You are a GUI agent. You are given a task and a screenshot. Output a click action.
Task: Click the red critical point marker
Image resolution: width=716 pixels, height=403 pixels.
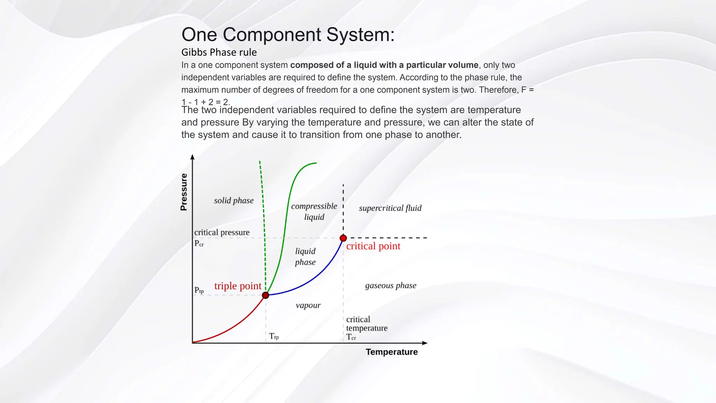343,238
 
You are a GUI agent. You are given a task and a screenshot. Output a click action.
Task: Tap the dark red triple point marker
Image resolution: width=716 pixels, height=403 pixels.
266,295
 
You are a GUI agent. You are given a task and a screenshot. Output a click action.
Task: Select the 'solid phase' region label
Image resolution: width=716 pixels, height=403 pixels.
234,200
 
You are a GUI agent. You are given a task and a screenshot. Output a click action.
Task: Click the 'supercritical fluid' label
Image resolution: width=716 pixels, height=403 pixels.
390,208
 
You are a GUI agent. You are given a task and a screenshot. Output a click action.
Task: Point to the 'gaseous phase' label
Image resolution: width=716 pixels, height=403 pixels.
391,285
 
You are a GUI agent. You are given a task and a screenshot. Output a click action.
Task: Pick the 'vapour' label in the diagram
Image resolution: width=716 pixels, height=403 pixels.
308,305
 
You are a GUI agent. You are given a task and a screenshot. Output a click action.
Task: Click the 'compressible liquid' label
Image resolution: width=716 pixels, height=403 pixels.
314,211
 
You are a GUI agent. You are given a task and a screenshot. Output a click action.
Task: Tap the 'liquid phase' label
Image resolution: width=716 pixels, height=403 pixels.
305,256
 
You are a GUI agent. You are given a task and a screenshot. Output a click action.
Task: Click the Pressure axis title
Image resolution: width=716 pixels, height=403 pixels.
184,192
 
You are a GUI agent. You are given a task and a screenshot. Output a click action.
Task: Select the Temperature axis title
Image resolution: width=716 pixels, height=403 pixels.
392,352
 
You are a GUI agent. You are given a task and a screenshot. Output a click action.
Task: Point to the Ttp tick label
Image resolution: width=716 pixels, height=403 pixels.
274,337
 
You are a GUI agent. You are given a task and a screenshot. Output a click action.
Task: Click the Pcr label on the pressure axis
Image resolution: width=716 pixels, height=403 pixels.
199,243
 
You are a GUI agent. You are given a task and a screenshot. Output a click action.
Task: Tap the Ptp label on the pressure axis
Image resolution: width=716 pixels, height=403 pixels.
199,290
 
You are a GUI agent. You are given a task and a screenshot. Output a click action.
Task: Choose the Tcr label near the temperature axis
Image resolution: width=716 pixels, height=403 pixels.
351,337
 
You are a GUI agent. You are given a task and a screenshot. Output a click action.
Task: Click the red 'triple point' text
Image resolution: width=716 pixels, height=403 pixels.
238,286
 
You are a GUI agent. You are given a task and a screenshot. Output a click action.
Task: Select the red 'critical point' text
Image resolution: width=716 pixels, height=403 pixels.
373,246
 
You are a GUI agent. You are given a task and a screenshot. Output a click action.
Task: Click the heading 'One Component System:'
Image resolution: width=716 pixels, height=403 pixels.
288,35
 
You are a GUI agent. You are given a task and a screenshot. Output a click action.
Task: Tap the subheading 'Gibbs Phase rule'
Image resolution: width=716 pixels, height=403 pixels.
219,52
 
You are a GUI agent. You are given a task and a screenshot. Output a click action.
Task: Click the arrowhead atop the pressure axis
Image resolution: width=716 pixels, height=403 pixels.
192,157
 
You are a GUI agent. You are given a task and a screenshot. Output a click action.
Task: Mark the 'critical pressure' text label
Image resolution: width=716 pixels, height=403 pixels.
222,232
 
